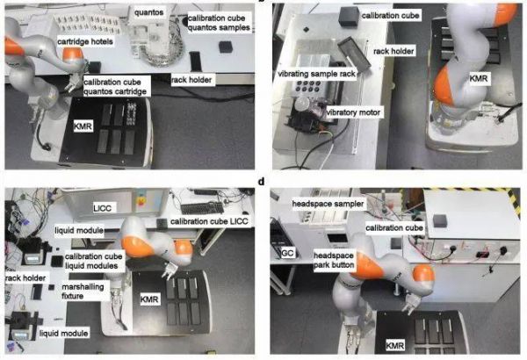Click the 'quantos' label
tap(149, 12)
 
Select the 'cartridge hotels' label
tap(85, 41)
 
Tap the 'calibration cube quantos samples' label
tap(219, 23)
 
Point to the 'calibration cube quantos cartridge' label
tap(115, 87)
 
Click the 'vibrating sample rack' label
tap(316, 74)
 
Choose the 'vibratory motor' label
tap(353, 112)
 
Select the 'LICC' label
tap(102, 208)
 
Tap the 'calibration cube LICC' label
tap(209, 221)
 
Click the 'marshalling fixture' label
tap(83, 292)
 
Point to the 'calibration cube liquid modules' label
tap(93, 261)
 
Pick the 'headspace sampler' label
tap(328, 204)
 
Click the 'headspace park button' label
tap(334, 260)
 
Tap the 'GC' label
tap(287, 252)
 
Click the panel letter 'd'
tap(261, 182)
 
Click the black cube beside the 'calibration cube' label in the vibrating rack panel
tap(349, 16)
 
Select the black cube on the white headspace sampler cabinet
tap(440, 220)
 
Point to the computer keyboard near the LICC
tap(202, 208)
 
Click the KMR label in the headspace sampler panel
tap(395, 345)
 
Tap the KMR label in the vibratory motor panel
tap(479, 79)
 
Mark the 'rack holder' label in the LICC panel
tap(25, 278)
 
